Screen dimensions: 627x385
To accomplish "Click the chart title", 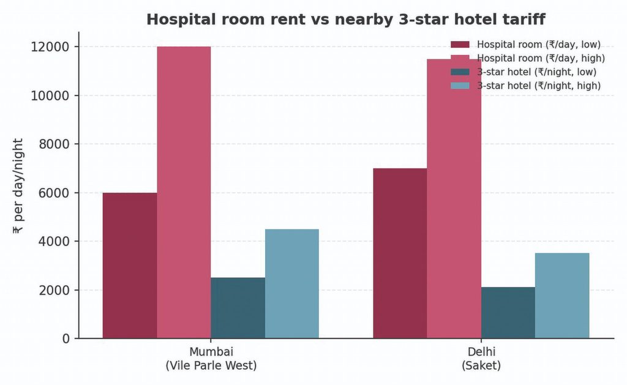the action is coord(346,19).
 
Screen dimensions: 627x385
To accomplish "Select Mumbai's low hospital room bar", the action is coord(130,266).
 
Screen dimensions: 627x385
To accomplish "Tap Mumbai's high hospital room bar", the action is coord(184,192).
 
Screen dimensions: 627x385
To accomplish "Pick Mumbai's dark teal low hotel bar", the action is coord(238,308).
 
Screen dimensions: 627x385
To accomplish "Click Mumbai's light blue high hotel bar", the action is coord(292,284).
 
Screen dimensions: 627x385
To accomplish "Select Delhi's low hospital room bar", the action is coord(400,253).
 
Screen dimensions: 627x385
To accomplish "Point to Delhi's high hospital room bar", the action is coord(454,199).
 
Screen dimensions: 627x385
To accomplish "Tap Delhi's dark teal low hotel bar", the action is coord(508,313).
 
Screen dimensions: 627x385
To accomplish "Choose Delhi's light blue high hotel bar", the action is coord(562,296).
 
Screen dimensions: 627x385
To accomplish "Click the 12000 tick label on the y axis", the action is coord(50,47).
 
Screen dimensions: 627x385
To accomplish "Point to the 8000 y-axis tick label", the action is coord(54,144).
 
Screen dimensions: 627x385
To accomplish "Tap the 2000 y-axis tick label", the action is coord(54,290).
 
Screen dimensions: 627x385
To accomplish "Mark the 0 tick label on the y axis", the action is coord(66,339).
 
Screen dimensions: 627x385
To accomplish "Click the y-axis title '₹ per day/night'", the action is coord(18,186).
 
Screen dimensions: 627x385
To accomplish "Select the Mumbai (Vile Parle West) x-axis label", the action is coord(211,359).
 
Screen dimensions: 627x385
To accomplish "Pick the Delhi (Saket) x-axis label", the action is coord(481,359).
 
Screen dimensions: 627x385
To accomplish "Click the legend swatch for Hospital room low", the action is coord(460,45).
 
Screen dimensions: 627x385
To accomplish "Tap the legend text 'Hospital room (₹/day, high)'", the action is coord(541,58).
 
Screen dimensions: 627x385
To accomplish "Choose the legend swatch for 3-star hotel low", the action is coord(460,72).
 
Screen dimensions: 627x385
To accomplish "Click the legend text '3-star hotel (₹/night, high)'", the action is coord(539,86).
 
